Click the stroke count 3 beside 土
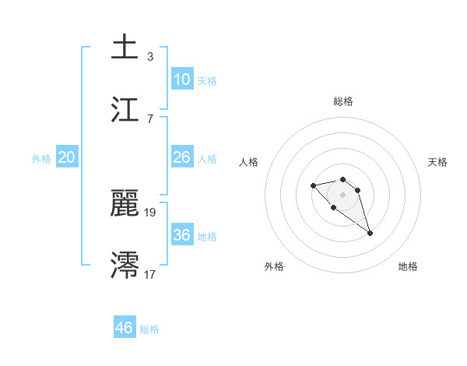click(x=150, y=57)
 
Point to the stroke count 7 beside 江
click(x=150, y=118)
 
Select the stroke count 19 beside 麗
click(x=150, y=212)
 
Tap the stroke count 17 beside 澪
click(x=150, y=274)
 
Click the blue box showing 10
click(x=182, y=79)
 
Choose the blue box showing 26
click(x=182, y=157)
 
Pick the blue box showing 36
click(x=182, y=235)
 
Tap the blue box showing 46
click(x=125, y=328)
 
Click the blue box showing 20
click(x=67, y=157)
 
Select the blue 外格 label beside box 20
click(x=41, y=158)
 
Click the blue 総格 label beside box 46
click(x=150, y=329)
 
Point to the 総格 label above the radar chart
click(x=342, y=101)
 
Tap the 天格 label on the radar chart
click(x=437, y=162)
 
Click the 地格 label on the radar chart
click(x=408, y=266)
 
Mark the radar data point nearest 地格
click(x=370, y=233)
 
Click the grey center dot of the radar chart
click(x=342, y=194)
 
